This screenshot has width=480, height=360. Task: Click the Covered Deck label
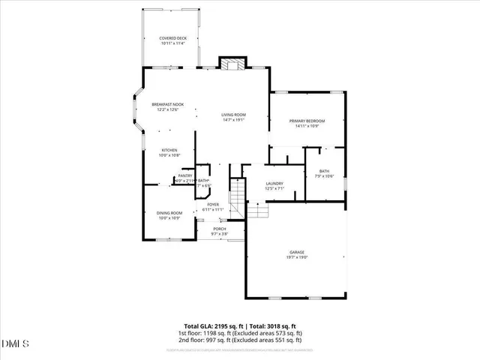(x=172, y=38)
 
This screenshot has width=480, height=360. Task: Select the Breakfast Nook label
(x=167, y=104)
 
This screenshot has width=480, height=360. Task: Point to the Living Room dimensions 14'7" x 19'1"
(x=233, y=120)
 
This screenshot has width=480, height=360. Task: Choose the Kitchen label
(x=169, y=150)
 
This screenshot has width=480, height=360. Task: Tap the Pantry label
(x=185, y=175)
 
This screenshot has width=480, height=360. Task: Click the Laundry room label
(x=273, y=184)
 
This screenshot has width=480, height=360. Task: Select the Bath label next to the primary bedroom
(x=324, y=171)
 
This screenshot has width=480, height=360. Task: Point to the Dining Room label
(x=169, y=213)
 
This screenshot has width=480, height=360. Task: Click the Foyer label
(x=213, y=205)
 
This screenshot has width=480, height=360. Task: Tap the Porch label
(x=219, y=229)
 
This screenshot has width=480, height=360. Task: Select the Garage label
(x=297, y=252)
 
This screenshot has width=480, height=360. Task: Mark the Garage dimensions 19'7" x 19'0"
(x=297, y=257)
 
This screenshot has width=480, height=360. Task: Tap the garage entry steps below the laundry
(x=258, y=212)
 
